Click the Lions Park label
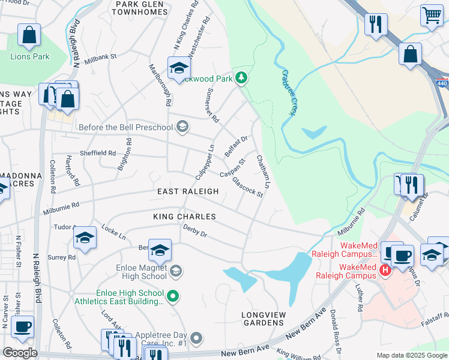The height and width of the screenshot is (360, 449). (x=29, y=56)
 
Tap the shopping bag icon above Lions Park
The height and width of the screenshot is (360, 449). (x=29, y=37)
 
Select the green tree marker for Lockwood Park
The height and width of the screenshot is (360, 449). (x=241, y=77)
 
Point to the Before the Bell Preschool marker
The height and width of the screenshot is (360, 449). (x=183, y=127)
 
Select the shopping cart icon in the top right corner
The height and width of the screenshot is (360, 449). (x=432, y=16)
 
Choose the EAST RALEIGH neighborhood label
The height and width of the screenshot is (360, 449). (x=188, y=191)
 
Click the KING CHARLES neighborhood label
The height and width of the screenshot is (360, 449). (x=184, y=216)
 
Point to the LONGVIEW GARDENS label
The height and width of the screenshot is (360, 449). (x=262, y=319)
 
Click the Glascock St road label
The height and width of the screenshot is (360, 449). (x=248, y=187)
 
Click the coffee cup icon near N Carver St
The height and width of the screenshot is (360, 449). (x=23, y=328)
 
